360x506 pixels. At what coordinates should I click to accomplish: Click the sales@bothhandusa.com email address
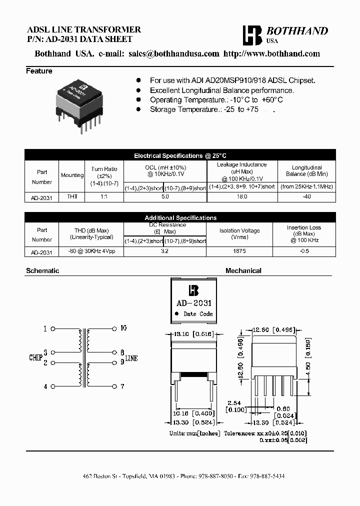coord(173,54)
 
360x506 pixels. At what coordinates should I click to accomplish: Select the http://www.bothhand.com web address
coord(271,54)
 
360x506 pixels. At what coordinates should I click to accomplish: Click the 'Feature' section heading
coord(39,71)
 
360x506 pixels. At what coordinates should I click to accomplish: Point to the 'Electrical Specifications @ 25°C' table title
coord(180,155)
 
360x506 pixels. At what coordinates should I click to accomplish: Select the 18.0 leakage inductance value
coord(241,197)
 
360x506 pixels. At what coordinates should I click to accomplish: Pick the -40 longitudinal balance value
coord(306,197)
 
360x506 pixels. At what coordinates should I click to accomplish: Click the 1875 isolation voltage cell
coord(239,251)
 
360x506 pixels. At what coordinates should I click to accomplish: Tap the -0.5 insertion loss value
coord(304,251)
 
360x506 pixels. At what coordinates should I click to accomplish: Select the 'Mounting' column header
coord(72,175)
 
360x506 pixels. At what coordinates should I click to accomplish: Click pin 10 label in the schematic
coord(123,328)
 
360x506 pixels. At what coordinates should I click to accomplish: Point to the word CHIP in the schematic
coord(35,358)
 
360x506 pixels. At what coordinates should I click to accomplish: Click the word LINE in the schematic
coord(131,358)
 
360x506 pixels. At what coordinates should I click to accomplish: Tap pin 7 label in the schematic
coord(122,386)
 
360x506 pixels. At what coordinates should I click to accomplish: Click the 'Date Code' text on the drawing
coord(198,314)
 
